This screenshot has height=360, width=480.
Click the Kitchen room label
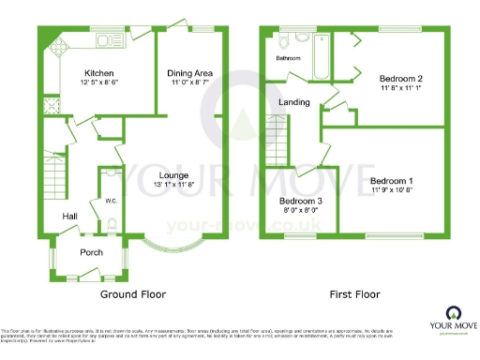[99, 72]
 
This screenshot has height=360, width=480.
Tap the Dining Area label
[189, 72]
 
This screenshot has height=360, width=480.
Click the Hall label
[69, 216]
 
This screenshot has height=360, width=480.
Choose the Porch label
[92, 251]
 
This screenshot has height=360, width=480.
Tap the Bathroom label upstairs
[288, 58]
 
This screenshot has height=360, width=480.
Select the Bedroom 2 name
[400, 79]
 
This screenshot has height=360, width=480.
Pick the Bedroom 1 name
[391, 180]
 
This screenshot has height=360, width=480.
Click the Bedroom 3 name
[301, 201]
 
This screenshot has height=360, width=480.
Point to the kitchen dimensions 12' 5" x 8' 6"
[99, 82]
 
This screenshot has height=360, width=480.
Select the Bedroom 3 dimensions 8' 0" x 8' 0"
[301, 211]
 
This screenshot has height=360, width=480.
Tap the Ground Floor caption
[133, 294]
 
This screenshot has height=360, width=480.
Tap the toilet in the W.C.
[110, 223]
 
